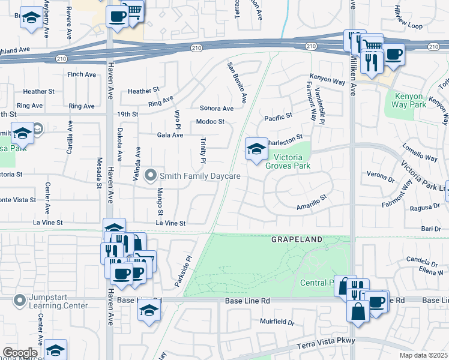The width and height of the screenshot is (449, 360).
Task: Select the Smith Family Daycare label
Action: point(200,176)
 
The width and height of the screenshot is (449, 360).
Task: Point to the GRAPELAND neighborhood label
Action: point(297,239)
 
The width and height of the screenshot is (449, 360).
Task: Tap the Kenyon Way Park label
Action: point(409,101)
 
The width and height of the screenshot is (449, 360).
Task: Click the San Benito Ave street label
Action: point(237,81)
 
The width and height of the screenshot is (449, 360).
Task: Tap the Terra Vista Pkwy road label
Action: point(327,343)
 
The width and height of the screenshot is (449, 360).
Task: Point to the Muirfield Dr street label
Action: point(277,322)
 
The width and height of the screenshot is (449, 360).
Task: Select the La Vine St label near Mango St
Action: point(172,223)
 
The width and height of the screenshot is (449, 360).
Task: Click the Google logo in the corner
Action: point(20,353)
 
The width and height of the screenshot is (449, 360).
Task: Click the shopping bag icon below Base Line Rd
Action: point(358,313)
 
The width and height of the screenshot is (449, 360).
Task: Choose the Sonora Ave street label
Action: point(216,109)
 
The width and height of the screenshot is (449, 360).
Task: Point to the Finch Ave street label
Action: point(82,74)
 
